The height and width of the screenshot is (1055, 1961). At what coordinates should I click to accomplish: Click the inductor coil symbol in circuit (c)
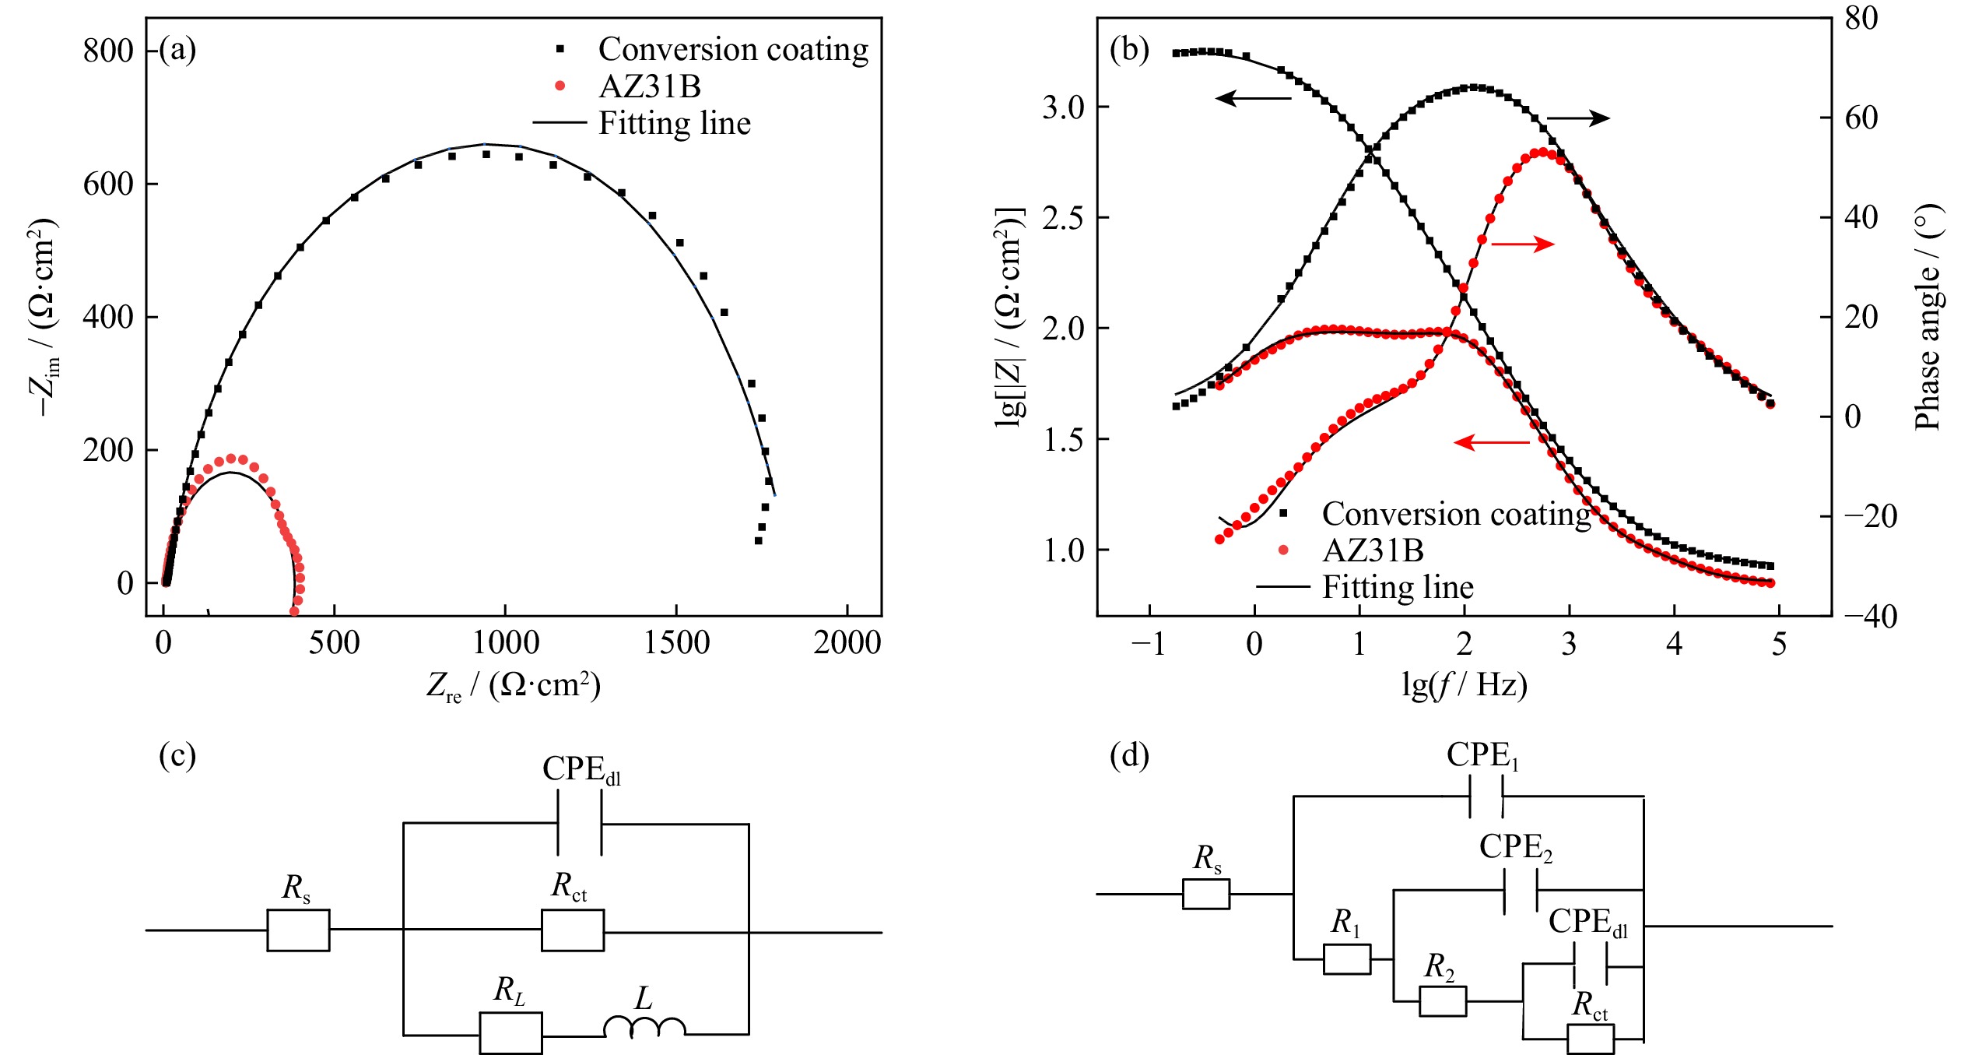tap(644, 1027)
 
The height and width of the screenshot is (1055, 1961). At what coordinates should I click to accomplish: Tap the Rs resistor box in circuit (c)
tap(298, 930)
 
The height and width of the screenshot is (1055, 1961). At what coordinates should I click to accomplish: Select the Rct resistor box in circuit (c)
tap(573, 930)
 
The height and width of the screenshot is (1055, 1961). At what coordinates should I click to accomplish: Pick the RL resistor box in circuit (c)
tap(510, 1033)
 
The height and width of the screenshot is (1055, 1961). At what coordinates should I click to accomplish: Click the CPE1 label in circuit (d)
tap(1482, 755)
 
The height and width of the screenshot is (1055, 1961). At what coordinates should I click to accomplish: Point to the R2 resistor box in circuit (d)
tap(1443, 1000)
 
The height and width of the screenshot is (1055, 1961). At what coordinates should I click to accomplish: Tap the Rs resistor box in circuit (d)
tap(1206, 894)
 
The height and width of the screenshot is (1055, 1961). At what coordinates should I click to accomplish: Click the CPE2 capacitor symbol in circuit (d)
tap(1521, 890)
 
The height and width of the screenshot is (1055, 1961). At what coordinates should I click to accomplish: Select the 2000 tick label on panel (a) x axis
tap(847, 643)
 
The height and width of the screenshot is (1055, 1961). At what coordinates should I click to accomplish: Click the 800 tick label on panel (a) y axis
tap(108, 51)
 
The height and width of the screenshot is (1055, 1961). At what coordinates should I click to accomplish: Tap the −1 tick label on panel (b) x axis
tap(1149, 644)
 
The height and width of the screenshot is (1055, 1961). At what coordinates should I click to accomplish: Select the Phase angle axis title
tap(1928, 318)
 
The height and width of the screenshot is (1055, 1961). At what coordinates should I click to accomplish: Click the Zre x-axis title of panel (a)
tap(514, 684)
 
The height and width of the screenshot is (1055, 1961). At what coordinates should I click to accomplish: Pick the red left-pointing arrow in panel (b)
tap(1492, 442)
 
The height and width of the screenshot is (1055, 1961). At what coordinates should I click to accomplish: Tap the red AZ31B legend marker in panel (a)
tap(560, 86)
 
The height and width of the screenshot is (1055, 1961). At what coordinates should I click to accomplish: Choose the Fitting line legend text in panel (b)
tap(1398, 586)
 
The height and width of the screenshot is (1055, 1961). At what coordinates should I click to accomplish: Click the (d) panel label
tap(1129, 755)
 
